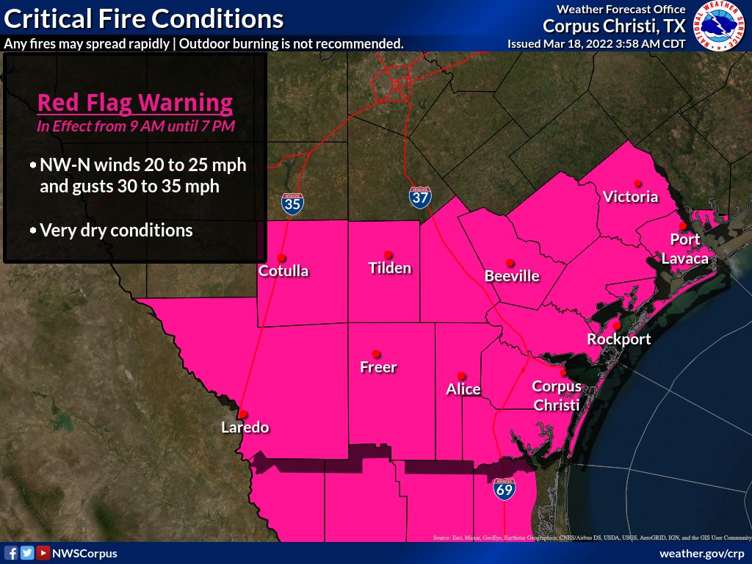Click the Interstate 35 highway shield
tap(292, 203)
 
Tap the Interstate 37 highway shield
tap(420, 196)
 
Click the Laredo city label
tap(245, 427)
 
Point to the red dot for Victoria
tap(637, 183)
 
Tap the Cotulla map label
tap(283, 271)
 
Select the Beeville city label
tap(512, 276)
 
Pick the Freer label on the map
tap(378, 366)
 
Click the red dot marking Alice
tap(461, 375)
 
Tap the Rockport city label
tap(618, 339)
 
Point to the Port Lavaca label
tap(684, 249)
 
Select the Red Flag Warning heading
tap(135, 102)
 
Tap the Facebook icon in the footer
tap(11, 553)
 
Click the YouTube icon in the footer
tap(43, 553)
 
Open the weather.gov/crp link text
tap(702, 553)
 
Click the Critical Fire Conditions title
tap(144, 18)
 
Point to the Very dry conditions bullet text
tap(116, 230)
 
